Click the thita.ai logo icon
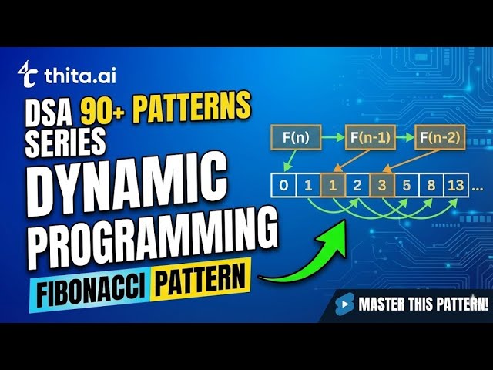click(29, 72)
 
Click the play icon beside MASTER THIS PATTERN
click(345, 304)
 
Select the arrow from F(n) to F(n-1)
click(329, 140)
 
